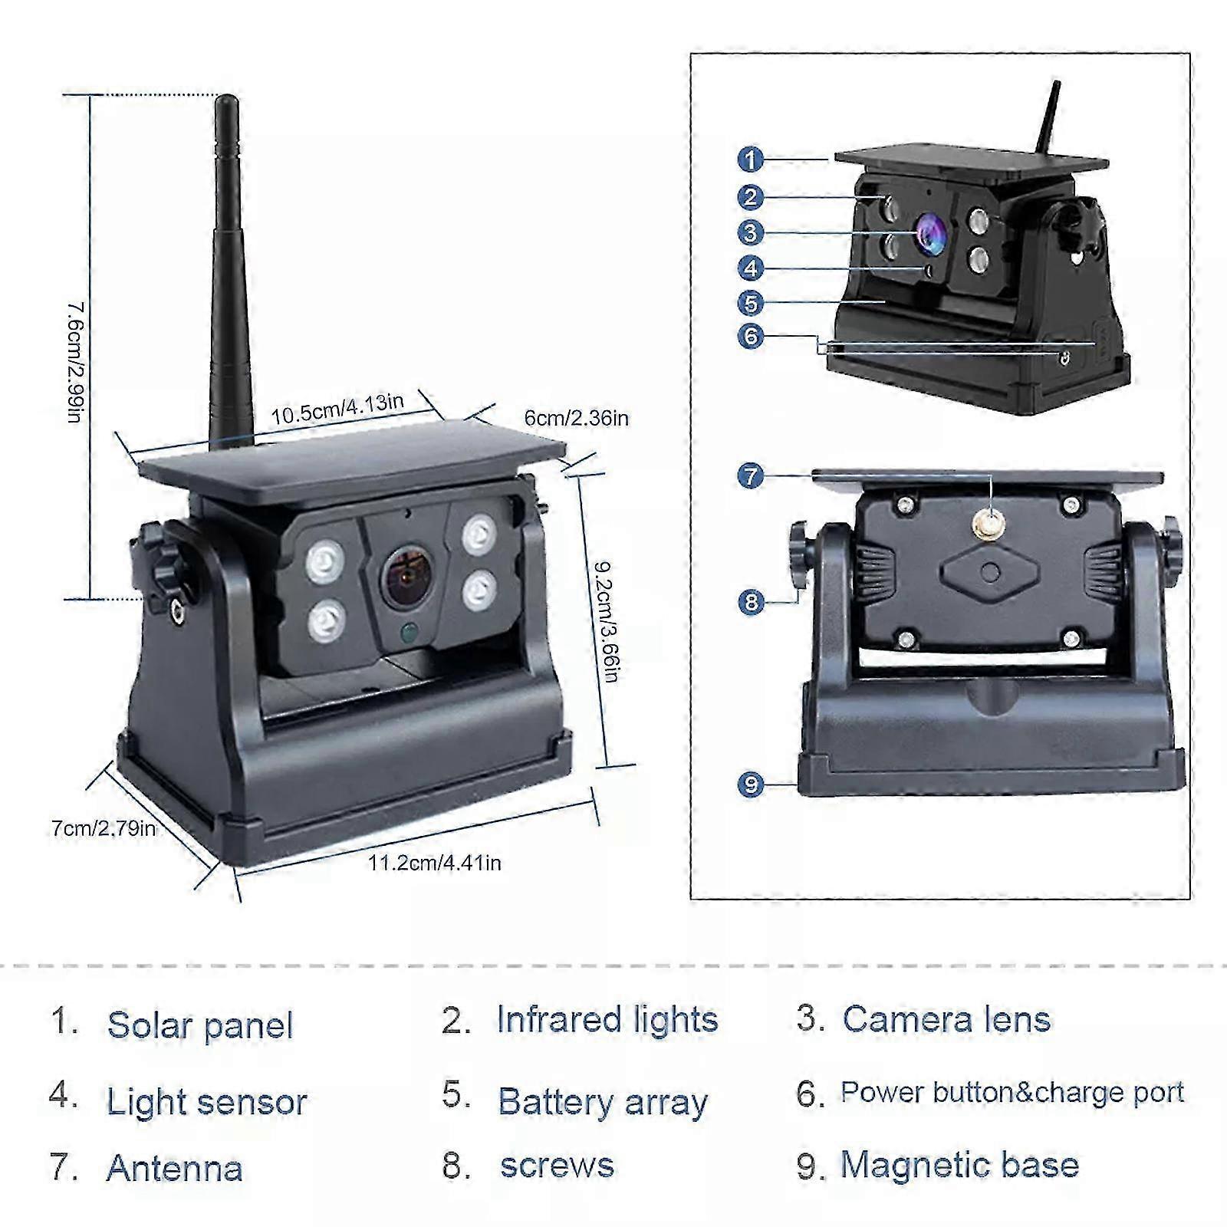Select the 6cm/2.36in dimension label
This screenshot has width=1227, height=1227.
click(576, 418)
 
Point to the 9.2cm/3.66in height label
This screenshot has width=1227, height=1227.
click(607, 621)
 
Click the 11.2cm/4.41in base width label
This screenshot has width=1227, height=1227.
click(434, 863)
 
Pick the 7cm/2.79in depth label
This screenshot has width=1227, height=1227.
click(104, 828)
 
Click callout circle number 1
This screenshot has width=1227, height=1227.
click(751, 160)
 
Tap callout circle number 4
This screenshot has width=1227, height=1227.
click(751, 268)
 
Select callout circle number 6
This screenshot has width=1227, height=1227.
click(751, 336)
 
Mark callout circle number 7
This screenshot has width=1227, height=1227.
click(751, 475)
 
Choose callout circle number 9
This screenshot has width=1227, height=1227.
click(751, 784)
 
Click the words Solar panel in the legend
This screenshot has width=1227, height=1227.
click(199, 1025)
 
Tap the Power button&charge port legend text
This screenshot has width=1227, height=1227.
click(1012, 1092)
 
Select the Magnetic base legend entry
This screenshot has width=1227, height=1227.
click(959, 1165)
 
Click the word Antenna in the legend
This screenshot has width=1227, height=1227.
click(174, 1168)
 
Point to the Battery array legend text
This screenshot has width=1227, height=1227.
click(602, 1102)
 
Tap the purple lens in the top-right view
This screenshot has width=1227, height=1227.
click(930, 232)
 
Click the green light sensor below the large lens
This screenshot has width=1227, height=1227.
click(409, 633)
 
